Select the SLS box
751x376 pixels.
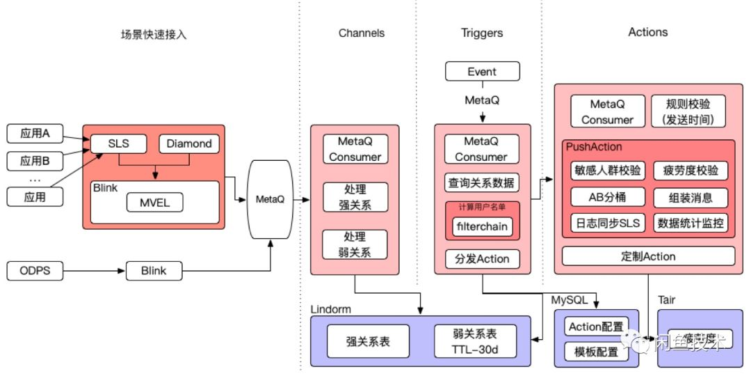tap(119, 144)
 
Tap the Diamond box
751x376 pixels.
tap(188, 144)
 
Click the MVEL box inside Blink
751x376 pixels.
tap(154, 203)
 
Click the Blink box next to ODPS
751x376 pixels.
tap(154, 270)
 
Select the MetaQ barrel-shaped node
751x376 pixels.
tap(270, 199)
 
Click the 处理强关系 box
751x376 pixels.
tap(355, 197)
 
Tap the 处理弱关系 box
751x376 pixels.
tap(355, 244)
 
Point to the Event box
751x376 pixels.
tap(482, 72)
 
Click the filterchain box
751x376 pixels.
tap(482, 226)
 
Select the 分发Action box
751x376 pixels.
tap(482, 259)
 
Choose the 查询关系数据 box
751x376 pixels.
tap(482, 183)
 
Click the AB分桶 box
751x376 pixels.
tap(607, 197)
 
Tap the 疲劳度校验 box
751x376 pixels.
tap(690, 171)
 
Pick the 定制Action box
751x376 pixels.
tap(648, 256)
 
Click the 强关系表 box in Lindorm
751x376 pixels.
tap(368, 341)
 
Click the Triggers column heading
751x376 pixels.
tap(482, 33)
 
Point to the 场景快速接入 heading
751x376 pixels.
tap(153, 33)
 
